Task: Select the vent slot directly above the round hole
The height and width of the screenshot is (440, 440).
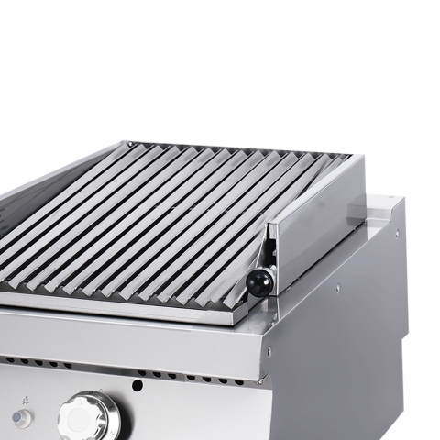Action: (137, 371)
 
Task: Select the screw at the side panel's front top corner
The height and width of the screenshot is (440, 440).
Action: (269, 352)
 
